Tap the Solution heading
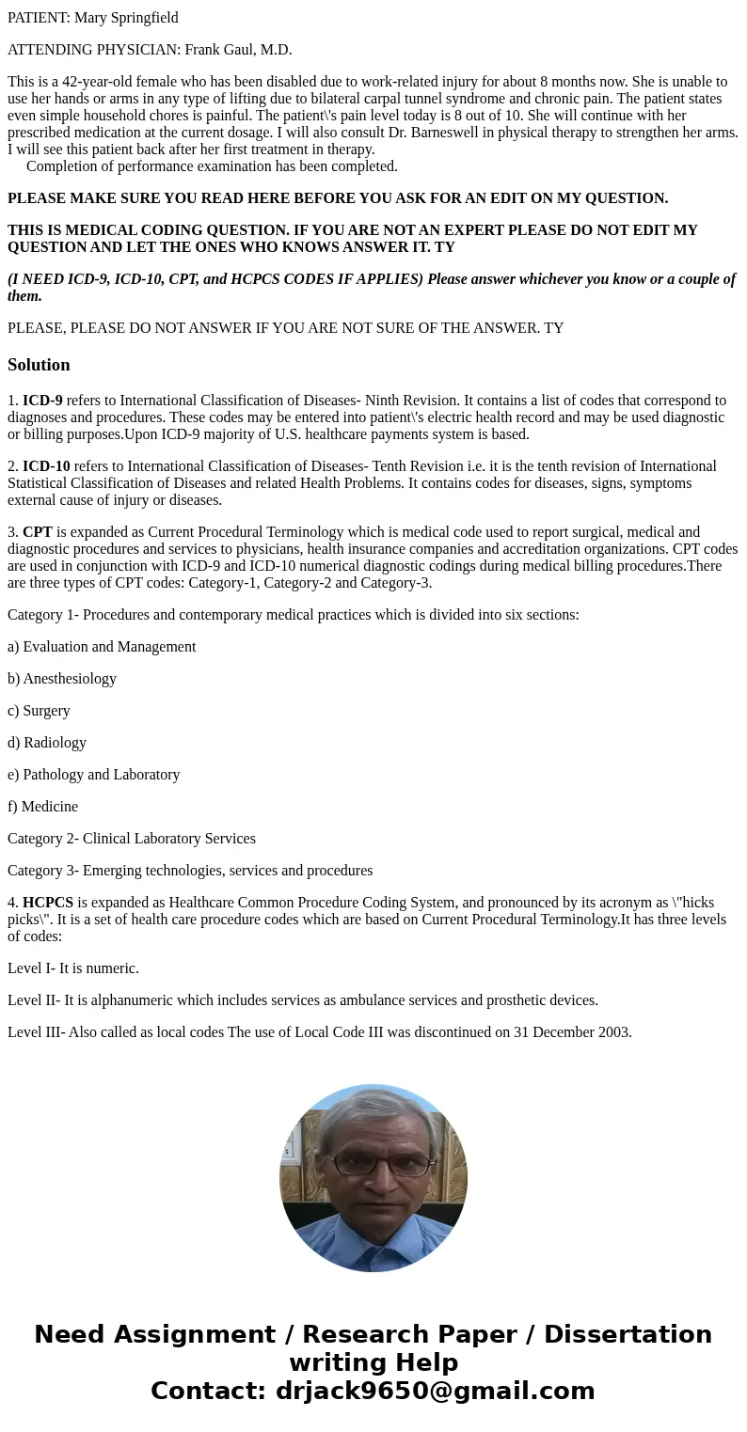39,365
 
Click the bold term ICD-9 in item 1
42,401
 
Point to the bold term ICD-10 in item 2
46,466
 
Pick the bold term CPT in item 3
38,532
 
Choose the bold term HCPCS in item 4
48,903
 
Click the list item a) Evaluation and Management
102,647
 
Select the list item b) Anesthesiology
62,679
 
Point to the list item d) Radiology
47,743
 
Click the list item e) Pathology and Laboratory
93,775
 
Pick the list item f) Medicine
42,807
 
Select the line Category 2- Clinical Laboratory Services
132,839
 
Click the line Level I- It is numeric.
73,968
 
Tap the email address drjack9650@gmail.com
435,1391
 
